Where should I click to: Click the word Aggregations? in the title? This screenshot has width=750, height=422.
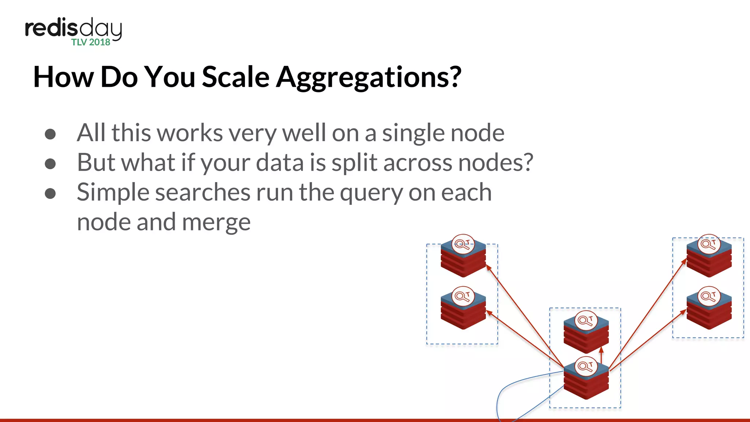point(368,78)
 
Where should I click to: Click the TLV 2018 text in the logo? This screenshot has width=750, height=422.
point(91,42)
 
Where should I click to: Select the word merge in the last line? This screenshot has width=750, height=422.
point(216,222)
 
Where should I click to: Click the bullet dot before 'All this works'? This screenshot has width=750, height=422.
point(50,134)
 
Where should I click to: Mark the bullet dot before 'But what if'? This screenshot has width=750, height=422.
point(50,164)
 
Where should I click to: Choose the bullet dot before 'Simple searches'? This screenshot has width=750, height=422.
point(50,193)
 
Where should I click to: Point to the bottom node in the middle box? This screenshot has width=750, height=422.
point(586,381)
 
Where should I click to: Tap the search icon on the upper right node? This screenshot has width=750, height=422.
point(709,244)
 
